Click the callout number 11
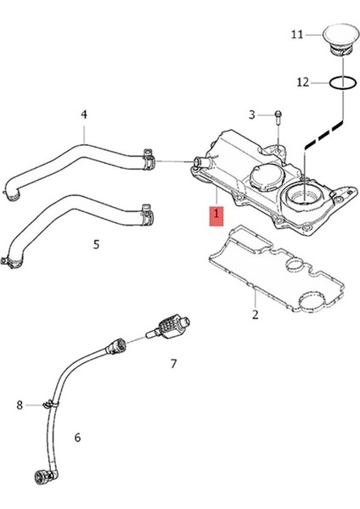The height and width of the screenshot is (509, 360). click(296, 35)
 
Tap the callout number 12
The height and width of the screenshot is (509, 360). click(303, 82)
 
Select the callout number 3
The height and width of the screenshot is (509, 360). click(251, 114)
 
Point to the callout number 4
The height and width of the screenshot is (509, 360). click(84, 114)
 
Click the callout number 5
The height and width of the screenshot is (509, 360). click(96, 244)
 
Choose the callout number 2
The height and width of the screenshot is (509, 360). click(255, 316)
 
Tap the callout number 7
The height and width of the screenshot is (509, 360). click(173, 364)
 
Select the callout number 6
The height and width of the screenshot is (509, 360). click(77, 438)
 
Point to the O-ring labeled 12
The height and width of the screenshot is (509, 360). click(342, 82)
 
